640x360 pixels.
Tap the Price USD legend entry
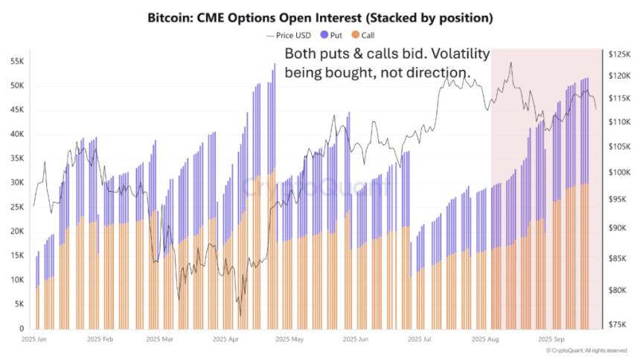[x=289, y=35]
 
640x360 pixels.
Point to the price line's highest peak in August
[x=510, y=63]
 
